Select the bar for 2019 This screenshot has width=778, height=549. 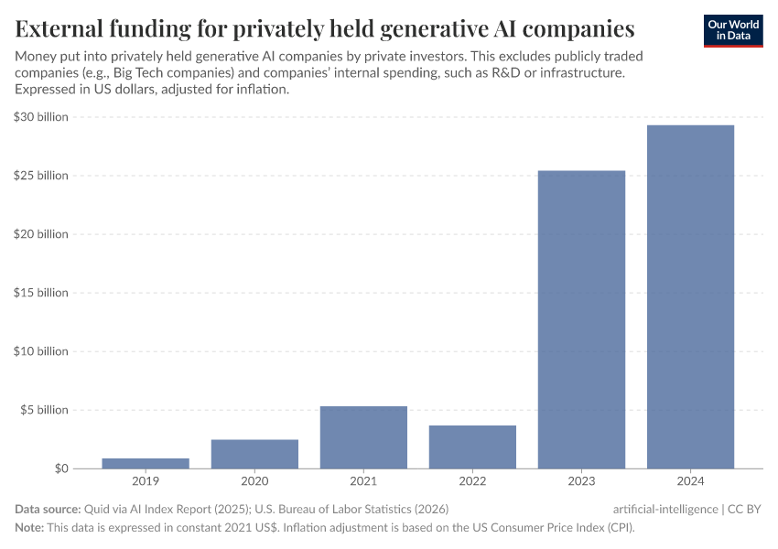[x=146, y=463]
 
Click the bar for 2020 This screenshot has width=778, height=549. [x=254, y=454]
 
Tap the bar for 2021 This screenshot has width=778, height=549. [x=363, y=437]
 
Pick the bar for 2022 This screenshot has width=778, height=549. [x=472, y=447]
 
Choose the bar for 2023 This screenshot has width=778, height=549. [x=581, y=319]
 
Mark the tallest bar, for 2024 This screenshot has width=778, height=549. [x=690, y=296]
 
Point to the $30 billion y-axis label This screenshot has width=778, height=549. [x=41, y=117]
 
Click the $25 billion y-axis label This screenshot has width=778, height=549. [x=41, y=176]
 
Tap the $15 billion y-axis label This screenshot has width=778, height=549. [x=41, y=293]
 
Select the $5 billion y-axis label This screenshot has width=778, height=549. [x=44, y=410]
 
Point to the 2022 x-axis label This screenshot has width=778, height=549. [x=472, y=481]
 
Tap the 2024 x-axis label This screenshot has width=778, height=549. [x=690, y=481]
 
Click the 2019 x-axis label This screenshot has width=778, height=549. [x=146, y=481]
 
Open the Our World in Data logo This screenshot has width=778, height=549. [x=732, y=30]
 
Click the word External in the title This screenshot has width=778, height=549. [x=59, y=28]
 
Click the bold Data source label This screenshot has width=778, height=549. [x=48, y=509]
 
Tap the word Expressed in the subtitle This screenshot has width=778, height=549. [x=47, y=90]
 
